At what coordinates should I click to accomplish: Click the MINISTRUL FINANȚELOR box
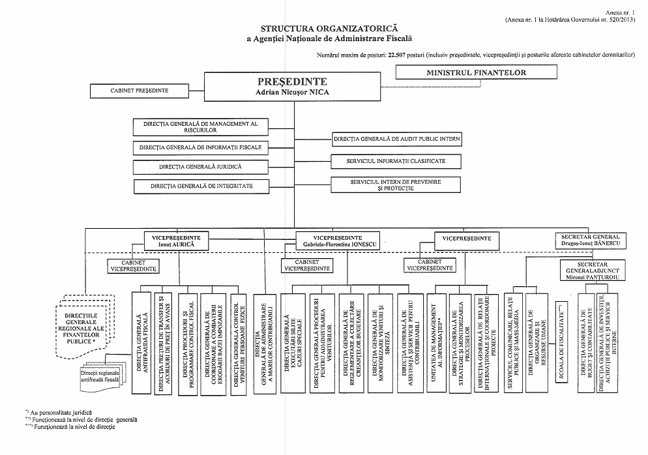point(477,73)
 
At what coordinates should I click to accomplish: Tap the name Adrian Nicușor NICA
point(291,93)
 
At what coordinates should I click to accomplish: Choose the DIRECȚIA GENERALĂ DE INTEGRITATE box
point(201,186)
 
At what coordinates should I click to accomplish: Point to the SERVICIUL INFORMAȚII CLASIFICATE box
point(397,161)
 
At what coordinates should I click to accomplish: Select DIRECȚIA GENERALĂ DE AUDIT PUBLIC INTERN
point(397,139)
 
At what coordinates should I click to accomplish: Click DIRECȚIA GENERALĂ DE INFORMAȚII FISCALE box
point(200,147)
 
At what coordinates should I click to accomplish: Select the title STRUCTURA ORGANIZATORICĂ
point(319,29)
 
